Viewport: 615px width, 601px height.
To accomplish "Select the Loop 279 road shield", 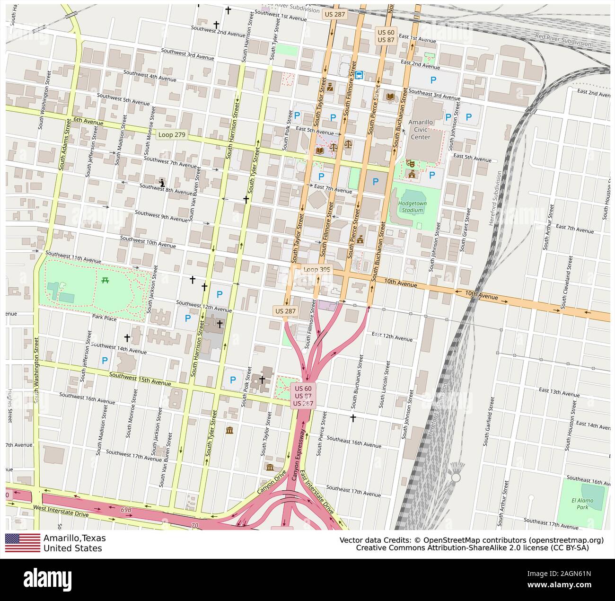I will [172, 135].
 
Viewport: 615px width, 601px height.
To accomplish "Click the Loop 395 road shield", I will [317, 269].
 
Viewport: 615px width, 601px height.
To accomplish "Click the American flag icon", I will [23, 543].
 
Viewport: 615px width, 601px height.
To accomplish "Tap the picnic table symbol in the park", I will [105, 280].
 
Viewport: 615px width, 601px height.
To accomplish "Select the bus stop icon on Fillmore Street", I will [359, 75].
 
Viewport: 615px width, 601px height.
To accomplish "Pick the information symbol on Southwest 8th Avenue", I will [162, 182].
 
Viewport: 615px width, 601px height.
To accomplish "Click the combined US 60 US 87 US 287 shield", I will [302, 395].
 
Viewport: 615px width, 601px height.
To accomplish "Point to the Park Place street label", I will [104, 318].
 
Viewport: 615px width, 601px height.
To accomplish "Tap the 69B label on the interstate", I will [125, 509].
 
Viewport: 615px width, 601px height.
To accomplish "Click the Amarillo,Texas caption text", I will [74, 538].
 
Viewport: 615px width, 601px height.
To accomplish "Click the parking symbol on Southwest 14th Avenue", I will [105, 360].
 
